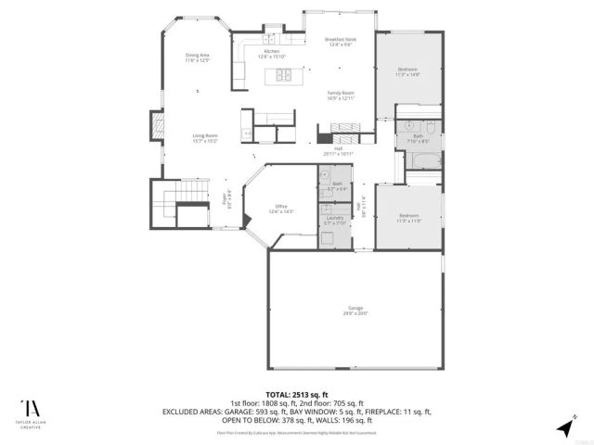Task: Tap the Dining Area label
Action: tap(198, 58)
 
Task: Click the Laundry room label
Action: tap(334, 220)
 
